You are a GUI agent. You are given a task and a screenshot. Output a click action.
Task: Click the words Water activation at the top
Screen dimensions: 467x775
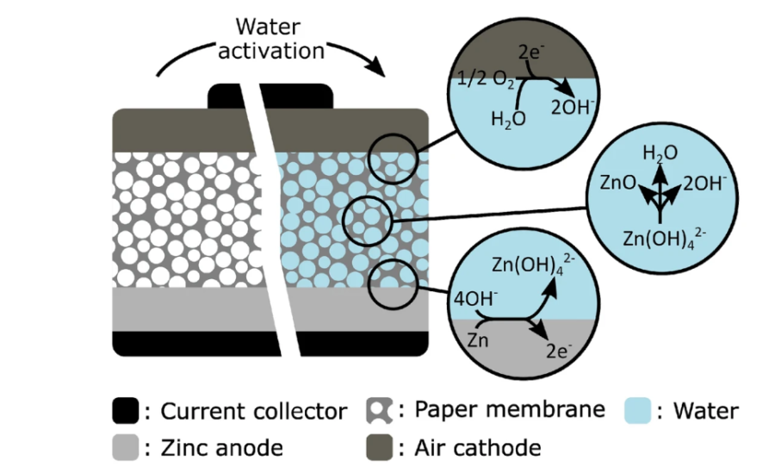(x=270, y=39)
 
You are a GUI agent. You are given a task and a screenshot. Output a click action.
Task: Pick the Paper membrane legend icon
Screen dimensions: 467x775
(x=379, y=411)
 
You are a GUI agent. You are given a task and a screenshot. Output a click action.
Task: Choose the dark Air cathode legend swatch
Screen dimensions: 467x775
(x=379, y=447)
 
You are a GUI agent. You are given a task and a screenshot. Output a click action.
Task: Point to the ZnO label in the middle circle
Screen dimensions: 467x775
(x=617, y=183)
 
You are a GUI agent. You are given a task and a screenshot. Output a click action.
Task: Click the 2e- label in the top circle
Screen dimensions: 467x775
(x=531, y=53)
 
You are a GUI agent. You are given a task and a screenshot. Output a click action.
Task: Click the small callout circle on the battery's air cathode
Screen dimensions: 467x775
(x=394, y=159)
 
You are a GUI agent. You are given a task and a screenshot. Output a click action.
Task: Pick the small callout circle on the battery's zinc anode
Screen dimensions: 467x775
(x=393, y=284)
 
